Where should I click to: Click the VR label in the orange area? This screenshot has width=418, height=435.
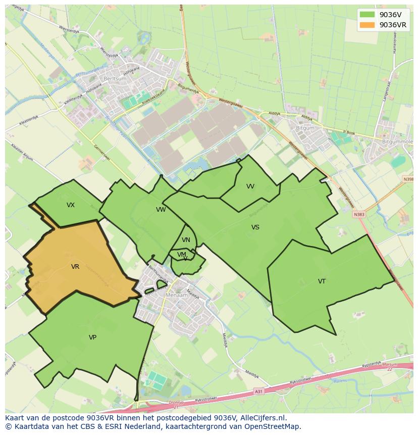coord(75,267)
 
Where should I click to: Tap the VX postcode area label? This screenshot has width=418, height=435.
coord(71,205)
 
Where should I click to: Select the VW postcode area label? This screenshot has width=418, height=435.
coord(161,210)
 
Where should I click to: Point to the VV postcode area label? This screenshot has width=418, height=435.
coord(250,186)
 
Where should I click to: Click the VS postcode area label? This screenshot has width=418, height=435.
coord(255,227)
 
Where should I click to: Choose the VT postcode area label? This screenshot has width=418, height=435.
coord(322,281)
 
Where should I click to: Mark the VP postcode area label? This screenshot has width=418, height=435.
coord(92,337)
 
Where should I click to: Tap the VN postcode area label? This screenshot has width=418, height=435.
coord(186,240)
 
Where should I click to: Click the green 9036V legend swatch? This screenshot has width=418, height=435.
coord(367,15)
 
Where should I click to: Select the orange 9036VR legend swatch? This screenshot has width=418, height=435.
coord(367,25)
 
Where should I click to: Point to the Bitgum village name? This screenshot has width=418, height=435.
coord(305,128)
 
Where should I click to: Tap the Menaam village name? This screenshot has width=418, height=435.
coord(177,295)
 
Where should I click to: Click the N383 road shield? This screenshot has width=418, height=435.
coord(359,214)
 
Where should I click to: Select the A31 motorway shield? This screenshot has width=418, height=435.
coord(258,391)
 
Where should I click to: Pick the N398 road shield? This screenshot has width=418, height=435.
coord(408,179)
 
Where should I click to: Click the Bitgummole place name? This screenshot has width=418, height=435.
coord(397,142)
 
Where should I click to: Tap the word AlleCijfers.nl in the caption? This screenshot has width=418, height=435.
coord(263,418)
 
